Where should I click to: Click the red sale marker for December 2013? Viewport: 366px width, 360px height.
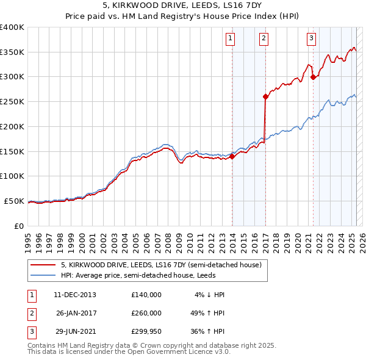[232, 156]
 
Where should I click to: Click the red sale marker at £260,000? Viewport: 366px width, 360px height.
[265, 96]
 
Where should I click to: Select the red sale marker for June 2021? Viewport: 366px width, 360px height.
[313, 77]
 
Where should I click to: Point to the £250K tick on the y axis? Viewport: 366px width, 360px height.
[12, 102]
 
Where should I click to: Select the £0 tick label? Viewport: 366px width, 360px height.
[18, 226]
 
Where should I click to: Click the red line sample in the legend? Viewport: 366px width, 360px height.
[43, 265]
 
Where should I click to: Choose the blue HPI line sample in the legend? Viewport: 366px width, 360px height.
[43, 275]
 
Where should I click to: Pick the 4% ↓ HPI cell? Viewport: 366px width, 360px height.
[209, 295]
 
